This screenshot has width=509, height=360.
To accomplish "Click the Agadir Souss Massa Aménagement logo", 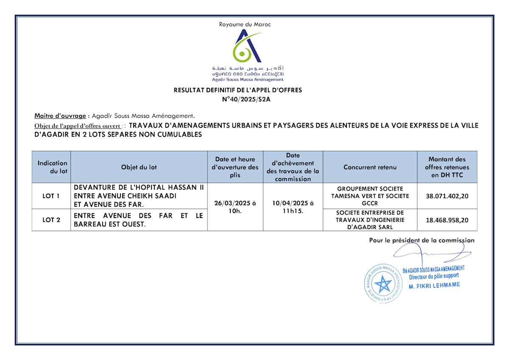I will (x=248, y=47).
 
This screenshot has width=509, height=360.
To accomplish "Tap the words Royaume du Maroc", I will (x=245, y=24).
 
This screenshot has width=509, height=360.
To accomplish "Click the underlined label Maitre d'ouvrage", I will (x=60, y=115).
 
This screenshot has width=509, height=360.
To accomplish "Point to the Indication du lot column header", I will (x=52, y=167).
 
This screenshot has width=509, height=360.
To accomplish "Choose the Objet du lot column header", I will (x=139, y=167).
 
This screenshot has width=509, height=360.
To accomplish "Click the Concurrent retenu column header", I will (x=370, y=167).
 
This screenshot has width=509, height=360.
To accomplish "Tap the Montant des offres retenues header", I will (x=447, y=167).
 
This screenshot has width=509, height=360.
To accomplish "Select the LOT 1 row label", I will (x=51, y=196).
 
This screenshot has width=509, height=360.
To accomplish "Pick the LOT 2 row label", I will (x=51, y=220).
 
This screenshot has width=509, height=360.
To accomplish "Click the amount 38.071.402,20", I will (x=447, y=196).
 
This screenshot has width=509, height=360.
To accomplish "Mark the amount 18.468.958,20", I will (x=447, y=220).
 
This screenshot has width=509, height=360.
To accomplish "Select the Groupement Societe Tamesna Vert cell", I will (x=370, y=196).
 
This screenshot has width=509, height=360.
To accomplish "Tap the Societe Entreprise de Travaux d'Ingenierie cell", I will (x=370, y=220).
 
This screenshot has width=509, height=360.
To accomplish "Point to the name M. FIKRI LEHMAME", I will (x=434, y=285).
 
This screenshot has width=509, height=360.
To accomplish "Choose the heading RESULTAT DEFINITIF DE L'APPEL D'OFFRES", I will (x=238, y=90).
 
